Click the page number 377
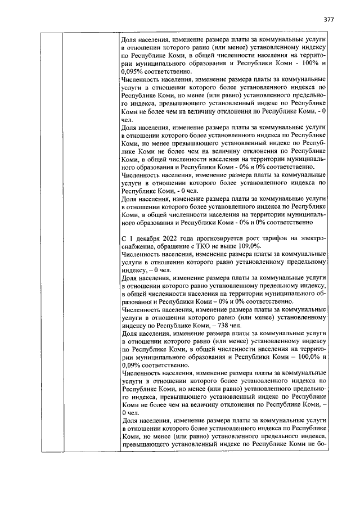[329, 19]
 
